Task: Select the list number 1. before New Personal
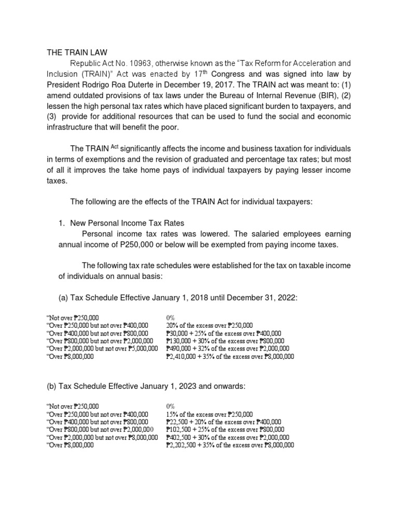tap(61, 223)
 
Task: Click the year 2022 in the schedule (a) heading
tap(297, 296)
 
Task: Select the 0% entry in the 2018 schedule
tap(170, 316)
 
